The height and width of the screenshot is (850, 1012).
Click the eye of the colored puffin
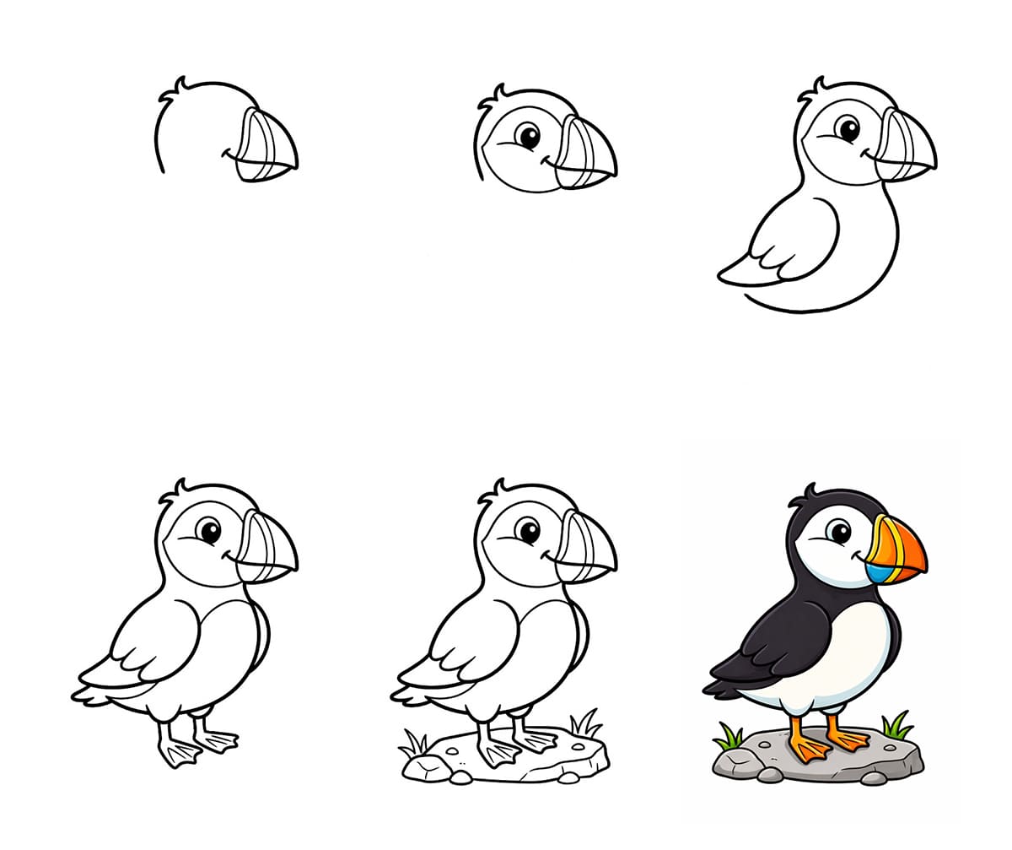click(839, 531)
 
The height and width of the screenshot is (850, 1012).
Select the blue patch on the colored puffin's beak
click(875, 573)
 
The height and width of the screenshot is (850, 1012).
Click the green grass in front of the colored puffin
click(896, 726)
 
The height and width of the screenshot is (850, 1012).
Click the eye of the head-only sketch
click(528, 135)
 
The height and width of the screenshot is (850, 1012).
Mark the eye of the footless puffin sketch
click(848, 129)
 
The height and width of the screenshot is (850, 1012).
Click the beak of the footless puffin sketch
click(907, 148)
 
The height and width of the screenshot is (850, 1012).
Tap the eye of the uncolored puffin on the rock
click(528, 531)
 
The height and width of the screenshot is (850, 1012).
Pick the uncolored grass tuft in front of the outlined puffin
click(585, 724)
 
